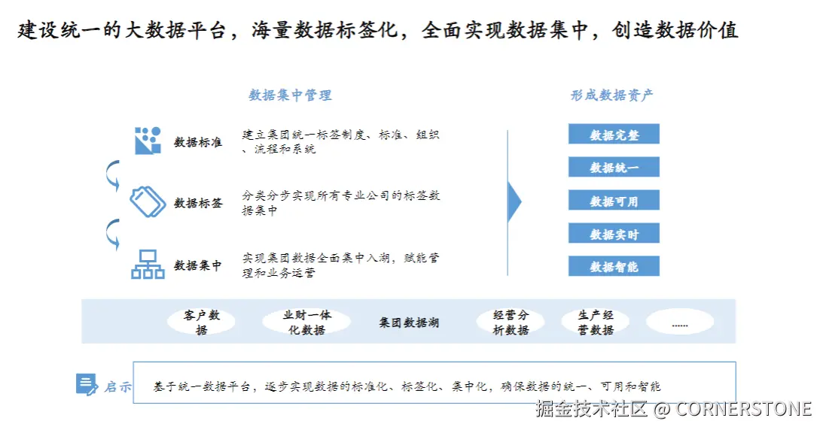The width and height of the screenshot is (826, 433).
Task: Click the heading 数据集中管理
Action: (x=290, y=95)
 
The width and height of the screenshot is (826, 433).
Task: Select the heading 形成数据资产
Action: (x=611, y=95)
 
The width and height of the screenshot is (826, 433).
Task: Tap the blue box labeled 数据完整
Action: (x=614, y=135)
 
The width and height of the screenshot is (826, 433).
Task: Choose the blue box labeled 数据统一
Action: (x=614, y=168)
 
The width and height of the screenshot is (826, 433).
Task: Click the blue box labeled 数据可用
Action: (x=614, y=201)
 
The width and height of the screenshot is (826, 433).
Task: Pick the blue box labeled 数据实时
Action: (x=614, y=234)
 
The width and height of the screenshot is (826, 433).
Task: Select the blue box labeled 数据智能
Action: (x=614, y=266)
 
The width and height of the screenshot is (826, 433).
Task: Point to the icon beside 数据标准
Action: (x=148, y=141)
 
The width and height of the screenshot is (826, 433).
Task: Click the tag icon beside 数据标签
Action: (x=148, y=201)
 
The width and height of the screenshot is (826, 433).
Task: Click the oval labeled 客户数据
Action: (x=201, y=322)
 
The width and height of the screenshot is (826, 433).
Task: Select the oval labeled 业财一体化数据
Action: (x=306, y=322)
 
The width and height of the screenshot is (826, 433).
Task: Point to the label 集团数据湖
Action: (x=408, y=322)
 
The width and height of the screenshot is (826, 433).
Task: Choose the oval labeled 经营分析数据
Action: (x=511, y=322)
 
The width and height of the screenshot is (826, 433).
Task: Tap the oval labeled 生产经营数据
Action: (x=596, y=322)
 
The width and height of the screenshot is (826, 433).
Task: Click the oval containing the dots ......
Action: (x=679, y=322)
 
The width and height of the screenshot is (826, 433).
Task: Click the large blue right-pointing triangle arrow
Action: (x=514, y=201)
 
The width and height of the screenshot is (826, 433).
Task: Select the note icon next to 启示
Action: (x=87, y=385)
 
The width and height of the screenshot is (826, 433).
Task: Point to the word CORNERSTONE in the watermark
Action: (x=743, y=409)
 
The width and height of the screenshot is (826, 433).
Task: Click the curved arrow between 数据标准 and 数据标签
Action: (x=112, y=174)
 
